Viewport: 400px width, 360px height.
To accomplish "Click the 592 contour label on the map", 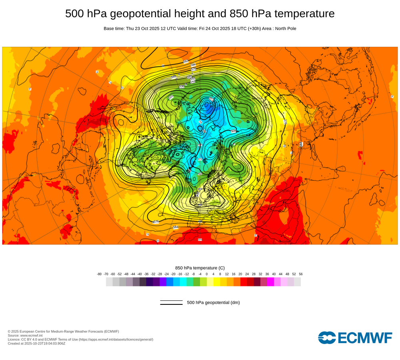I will (x=186, y=61).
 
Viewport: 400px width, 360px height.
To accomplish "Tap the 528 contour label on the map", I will (x=234, y=131).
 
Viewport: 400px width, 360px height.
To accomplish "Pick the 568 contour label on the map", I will (x=174, y=77).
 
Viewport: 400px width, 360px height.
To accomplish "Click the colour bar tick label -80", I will (x=99, y=274).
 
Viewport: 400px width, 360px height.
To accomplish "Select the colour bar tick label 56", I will (x=301, y=274).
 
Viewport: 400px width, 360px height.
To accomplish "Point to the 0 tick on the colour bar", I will (x=207, y=274).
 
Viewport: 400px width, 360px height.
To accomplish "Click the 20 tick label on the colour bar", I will (x=240, y=274).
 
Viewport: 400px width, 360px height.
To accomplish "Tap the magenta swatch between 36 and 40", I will (x=270, y=282).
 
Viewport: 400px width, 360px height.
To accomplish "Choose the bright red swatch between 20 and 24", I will (x=244, y=282).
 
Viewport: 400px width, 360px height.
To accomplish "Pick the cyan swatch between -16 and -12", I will (x=183, y=282).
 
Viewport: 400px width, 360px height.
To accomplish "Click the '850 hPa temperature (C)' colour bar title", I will (x=200, y=268).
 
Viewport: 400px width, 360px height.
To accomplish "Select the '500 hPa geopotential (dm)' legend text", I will (x=213, y=302).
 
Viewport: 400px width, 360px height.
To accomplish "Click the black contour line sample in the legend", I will (x=171, y=302).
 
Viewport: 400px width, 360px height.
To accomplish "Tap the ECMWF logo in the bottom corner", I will (x=355, y=338).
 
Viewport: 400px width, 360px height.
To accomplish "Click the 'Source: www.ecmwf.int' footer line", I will (x=26, y=335).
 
